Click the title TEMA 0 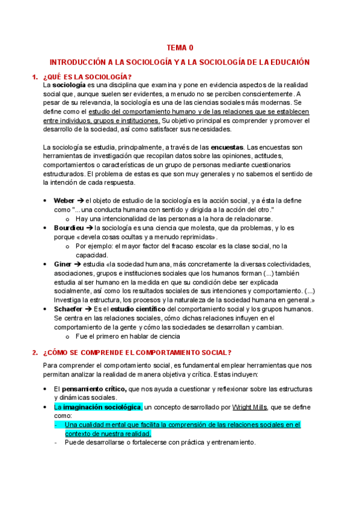click(x=180, y=48)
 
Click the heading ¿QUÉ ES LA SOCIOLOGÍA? click(x=87, y=76)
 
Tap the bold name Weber click(x=64, y=200)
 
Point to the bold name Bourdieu click(x=69, y=228)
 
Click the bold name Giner click(x=63, y=264)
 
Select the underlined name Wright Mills click(x=234, y=407)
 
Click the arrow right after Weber click(x=80, y=200)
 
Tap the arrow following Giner click(x=78, y=264)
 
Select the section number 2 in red click(x=34, y=352)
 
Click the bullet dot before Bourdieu click(x=46, y=229)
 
